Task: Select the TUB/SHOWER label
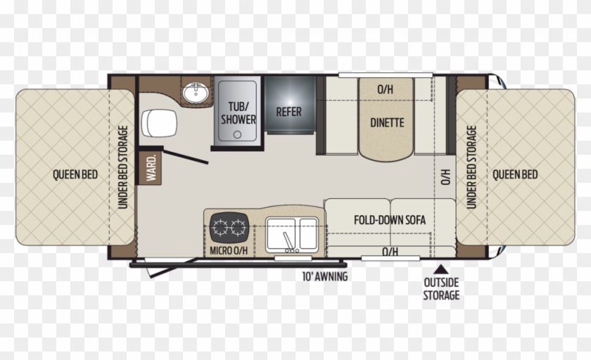pyautogui.click(x=238, y=113)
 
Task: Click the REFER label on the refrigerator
pyautogui.click(x=288, y=112)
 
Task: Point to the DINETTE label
pyautogui.click(x=387, y=122)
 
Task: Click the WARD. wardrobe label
pyautogui.click(x=151, y=168)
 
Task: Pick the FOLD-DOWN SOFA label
pyautogui.click(x=389, y=219)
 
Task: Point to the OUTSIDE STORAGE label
pyautogui.click(x=441, y=289)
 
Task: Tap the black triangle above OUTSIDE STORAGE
pyautogui.click(x=441, y=268)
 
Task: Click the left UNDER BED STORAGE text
pyautogui.click(x=122, y=167)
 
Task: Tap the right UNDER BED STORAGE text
pyautogui.click(x=471, y=167)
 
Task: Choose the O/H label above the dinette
pyautogui.click(x=384, y=89)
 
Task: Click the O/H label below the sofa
pyautogui.click(x=390, y=252)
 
